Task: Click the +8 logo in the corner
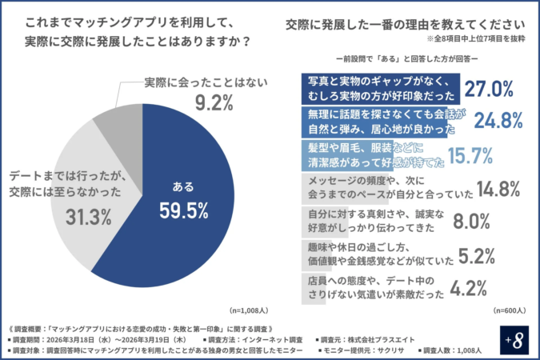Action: tap(518, 339)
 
